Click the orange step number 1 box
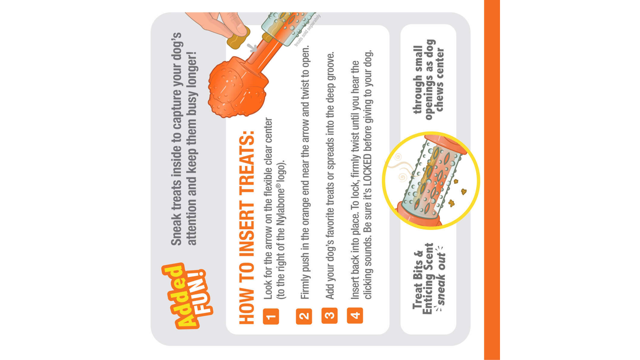pos(271,316)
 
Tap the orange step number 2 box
pos(303,316)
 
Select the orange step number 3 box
pos(329,315)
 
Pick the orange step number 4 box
pos(354,315)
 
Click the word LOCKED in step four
pos(368,171)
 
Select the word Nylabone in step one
pos(281,205)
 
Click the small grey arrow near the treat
pos(251,47)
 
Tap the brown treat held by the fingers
pos(238,38)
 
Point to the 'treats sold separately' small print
pos(307,30)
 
